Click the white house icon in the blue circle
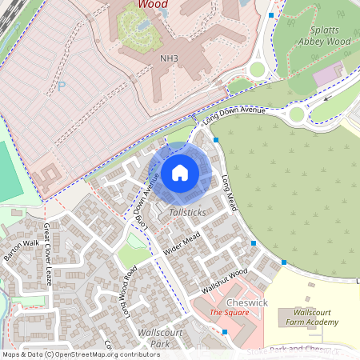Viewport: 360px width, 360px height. tap(180, 172)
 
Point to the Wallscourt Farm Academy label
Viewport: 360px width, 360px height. tap(315, 317)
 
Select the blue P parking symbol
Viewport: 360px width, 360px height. tap(62, 86)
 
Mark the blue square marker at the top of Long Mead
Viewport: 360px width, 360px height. tap(216, 139)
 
